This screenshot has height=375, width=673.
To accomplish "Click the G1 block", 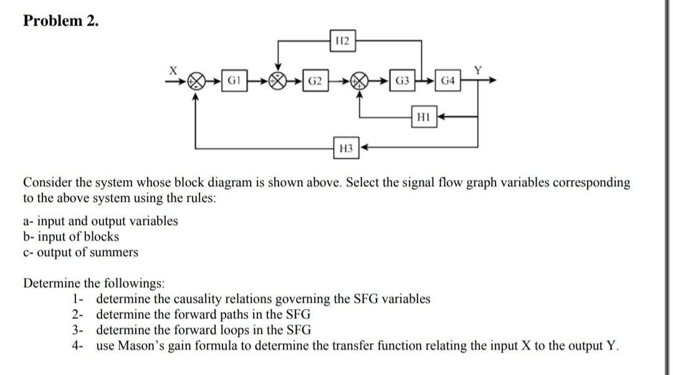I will (236, 81).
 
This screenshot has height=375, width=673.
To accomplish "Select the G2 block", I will (317, 81).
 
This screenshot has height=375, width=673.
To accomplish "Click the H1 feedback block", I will (422, 116).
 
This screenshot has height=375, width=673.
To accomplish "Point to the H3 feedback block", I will (346, 148).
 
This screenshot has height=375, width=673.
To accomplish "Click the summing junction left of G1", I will (197, 81).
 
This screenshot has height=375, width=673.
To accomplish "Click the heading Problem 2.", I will (61, 21).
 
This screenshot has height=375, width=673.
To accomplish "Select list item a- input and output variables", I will (100, 221).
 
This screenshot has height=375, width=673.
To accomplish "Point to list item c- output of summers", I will (81, 252).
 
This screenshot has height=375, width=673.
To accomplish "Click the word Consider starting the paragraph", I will (47, 183).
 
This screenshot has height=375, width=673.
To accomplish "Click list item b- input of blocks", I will (71, 237).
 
